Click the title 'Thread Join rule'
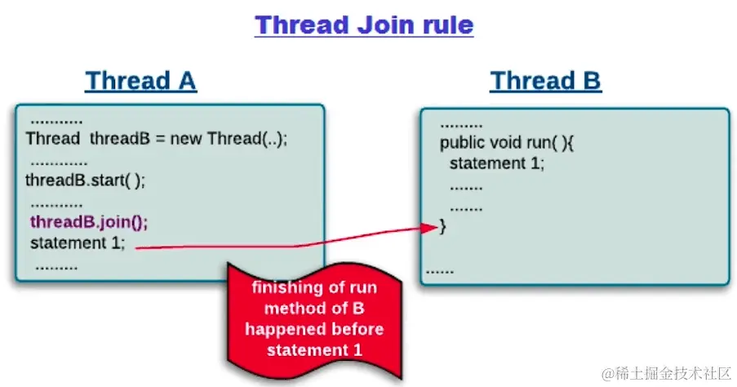(x=364, y=24)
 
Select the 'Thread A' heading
(x=140, y=81)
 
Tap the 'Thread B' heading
(x=545, y=81)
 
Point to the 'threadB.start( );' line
(x=85, y=180)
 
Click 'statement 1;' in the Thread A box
(x=78, y=243)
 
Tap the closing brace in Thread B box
(x=443, y=226)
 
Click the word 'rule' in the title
(x=444, y=24)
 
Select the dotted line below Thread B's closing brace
(x=440, y=269)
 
